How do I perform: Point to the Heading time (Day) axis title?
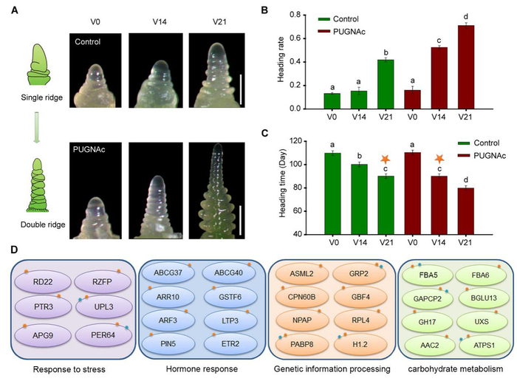(x=284, y=186)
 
